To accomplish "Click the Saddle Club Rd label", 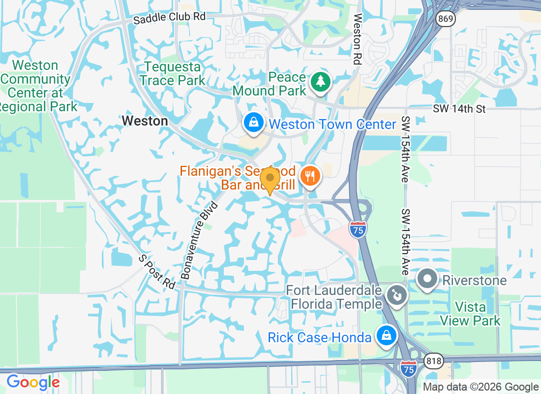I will coord(170,17).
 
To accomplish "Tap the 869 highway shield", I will coord(445,19).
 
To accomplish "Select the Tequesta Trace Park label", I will coord(172,73).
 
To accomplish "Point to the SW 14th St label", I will coord(459,109).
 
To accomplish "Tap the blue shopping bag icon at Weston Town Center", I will coord(253,123).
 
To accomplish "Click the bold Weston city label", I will coord(145,121).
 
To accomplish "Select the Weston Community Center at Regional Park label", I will coord(36,86).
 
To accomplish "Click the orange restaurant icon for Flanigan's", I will coord(310,175).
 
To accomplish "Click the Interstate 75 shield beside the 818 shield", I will coord(408,368).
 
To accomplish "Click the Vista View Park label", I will coord(470,314).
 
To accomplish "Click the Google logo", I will coord(33,382).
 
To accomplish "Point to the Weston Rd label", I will coord(358,40).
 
